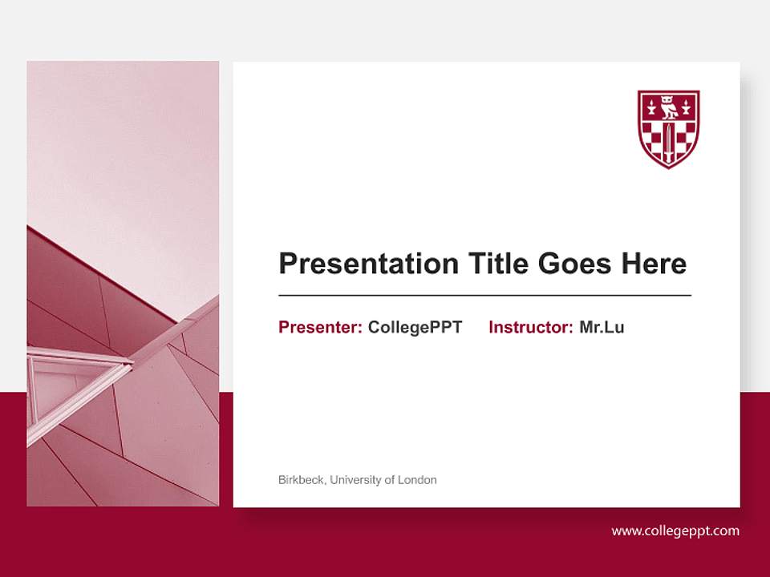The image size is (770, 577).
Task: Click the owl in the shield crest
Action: (668, 107)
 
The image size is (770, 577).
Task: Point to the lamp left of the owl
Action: (650, 105)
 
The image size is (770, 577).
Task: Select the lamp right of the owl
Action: (687, 105)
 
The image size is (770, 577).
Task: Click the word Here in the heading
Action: (657, 264)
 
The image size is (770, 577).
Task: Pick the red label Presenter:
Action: (321, 327)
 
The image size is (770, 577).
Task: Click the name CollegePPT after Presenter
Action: (415, 327)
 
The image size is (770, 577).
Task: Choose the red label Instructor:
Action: (531, 327)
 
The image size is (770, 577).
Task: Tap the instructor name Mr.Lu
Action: (602, 327)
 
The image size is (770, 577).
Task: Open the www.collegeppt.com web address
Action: (675, 531)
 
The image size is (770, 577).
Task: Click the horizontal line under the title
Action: (484, 296)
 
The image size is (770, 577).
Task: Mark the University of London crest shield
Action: (668, 128)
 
